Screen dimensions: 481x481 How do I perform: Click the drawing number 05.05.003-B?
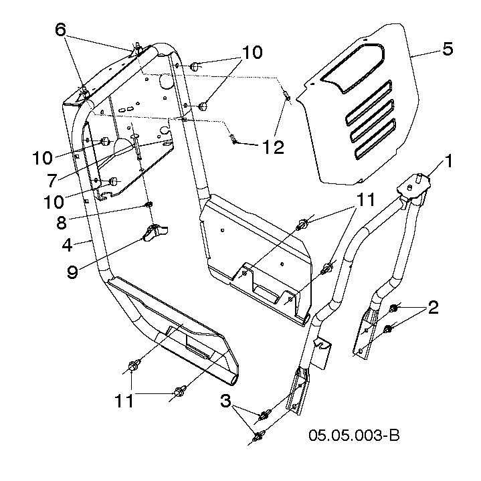click(x=354, y=435)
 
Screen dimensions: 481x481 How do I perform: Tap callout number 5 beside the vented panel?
click(x=448, y=49)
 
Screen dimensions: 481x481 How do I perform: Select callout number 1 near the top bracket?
click(x=448, y=161)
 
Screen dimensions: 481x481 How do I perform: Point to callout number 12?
click(x=274, y=147)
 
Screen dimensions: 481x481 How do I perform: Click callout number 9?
click(x=72, y=271)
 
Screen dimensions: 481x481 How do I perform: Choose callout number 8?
click(x=62, y=222)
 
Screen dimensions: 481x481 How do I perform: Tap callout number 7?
click(x=52, y=181)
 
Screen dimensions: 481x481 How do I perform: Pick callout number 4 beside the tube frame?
click(x=68, y=245)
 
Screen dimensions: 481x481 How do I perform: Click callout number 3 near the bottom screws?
click(x=225, y=401)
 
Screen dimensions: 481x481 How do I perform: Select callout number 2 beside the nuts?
click(x=433, y=307)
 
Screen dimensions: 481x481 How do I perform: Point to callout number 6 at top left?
click(x=60, y=29)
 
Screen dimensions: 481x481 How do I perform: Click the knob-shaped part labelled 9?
click(x=155, y=233)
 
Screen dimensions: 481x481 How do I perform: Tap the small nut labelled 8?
click(x=149, y=205)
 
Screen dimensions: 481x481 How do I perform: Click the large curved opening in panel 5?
click(x=353, y=68)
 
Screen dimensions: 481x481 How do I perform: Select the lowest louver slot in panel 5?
click(x=375, y=139)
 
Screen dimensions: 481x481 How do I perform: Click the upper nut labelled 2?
click(x=393, y=308)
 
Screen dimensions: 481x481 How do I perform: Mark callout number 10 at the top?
click(x=252, y=52)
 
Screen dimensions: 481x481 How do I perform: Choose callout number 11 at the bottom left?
click(x=124, y=401)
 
